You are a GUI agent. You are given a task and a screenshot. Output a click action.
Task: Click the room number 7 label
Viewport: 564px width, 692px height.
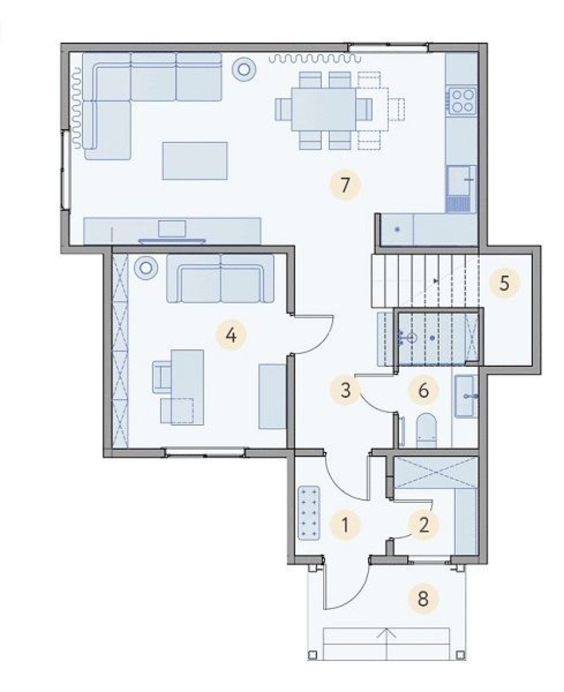point(345,185)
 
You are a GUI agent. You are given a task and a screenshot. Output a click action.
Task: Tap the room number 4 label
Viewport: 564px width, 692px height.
point(231,335)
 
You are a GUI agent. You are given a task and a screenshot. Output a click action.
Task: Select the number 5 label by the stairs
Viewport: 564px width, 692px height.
point(505,283)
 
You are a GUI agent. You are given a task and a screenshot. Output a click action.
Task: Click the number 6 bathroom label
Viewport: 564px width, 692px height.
point(423,390)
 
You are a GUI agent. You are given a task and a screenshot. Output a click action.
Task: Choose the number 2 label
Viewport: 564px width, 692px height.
point(423,525)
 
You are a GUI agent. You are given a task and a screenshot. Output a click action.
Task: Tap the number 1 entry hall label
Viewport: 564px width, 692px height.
point(345,525)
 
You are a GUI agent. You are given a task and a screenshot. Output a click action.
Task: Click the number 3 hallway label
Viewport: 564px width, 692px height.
point(346,389)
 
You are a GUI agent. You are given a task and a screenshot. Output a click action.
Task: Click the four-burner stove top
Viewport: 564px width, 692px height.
point(462,100)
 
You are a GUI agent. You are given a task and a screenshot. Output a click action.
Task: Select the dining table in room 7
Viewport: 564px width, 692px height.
point(323,109)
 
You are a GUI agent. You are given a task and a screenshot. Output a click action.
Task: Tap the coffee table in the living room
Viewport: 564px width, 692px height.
point(195,160)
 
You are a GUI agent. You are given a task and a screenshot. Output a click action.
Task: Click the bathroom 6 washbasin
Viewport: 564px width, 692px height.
point(466,396)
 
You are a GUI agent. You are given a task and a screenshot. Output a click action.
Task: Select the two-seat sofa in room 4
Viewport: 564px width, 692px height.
point(220,278)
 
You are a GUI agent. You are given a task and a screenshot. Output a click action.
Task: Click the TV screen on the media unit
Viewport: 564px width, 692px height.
point(172,229)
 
